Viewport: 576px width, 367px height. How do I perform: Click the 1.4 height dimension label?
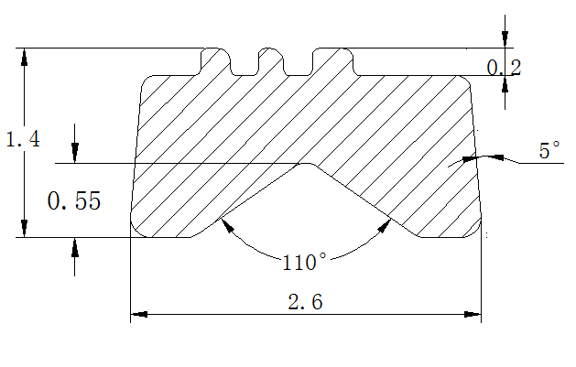click(x=23, y=139)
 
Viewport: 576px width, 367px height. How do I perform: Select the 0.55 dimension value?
click(x=74, y=200)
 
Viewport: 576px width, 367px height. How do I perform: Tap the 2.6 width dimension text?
click(x=305, y=302)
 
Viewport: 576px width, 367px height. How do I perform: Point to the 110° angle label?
click(x=304, y=262)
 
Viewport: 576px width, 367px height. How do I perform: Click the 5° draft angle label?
click(x=549, y=150)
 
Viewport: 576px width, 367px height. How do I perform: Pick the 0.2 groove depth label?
click(x=504, y=68)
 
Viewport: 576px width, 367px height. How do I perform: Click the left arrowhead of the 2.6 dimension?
click(x=139, y=314)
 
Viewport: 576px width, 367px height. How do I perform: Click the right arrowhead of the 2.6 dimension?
click(x=473, y=314)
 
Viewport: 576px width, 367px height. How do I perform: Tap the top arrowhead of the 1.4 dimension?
click(x=24, y=57)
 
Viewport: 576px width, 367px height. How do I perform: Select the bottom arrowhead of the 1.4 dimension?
click(x=24, y=228)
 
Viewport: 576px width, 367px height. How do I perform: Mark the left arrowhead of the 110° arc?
click(x=226, y=226)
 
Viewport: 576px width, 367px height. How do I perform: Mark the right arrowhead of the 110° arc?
click(x=384, y=226)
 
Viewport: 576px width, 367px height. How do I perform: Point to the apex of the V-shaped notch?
click(x=306, y=164)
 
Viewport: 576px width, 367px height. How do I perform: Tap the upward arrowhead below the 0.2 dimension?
click(x=505, y=84)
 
